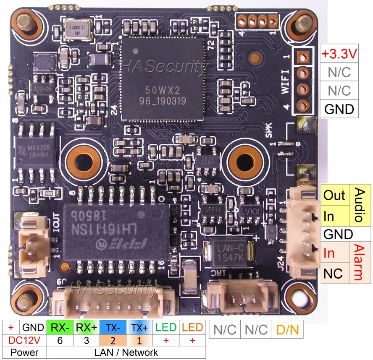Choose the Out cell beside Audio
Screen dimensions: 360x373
[x=334, y=195]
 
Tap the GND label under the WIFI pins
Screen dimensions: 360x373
[x=340, y=109]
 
